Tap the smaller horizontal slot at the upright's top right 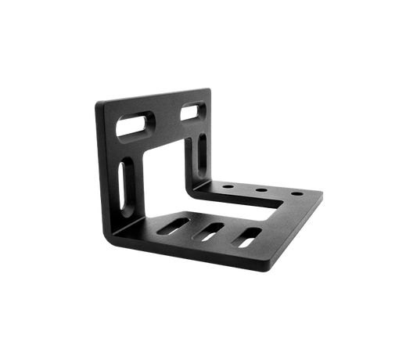(189, 113)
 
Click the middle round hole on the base (258, 189)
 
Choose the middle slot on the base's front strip (210, 232)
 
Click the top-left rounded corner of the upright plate (99, 103)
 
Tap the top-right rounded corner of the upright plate (210, 88)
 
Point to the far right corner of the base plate (325, 193)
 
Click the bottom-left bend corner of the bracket (113, 236)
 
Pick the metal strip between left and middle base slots (194, 230)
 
